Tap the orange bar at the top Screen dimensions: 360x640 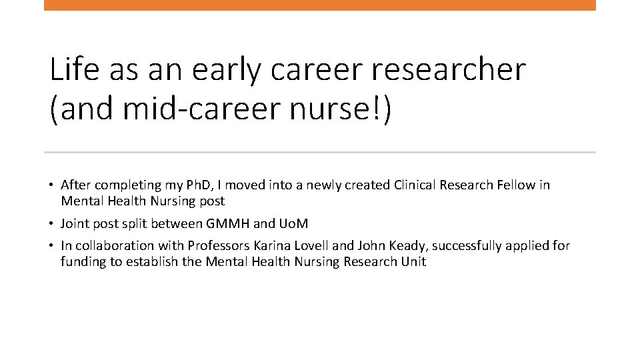tap(320, 5)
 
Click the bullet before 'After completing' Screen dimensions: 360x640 tap(51, 185)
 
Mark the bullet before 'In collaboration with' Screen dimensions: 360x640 tap(51, 246)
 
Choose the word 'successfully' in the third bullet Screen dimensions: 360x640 tap(473, 246)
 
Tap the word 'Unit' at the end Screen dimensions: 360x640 tap(413, 261)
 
